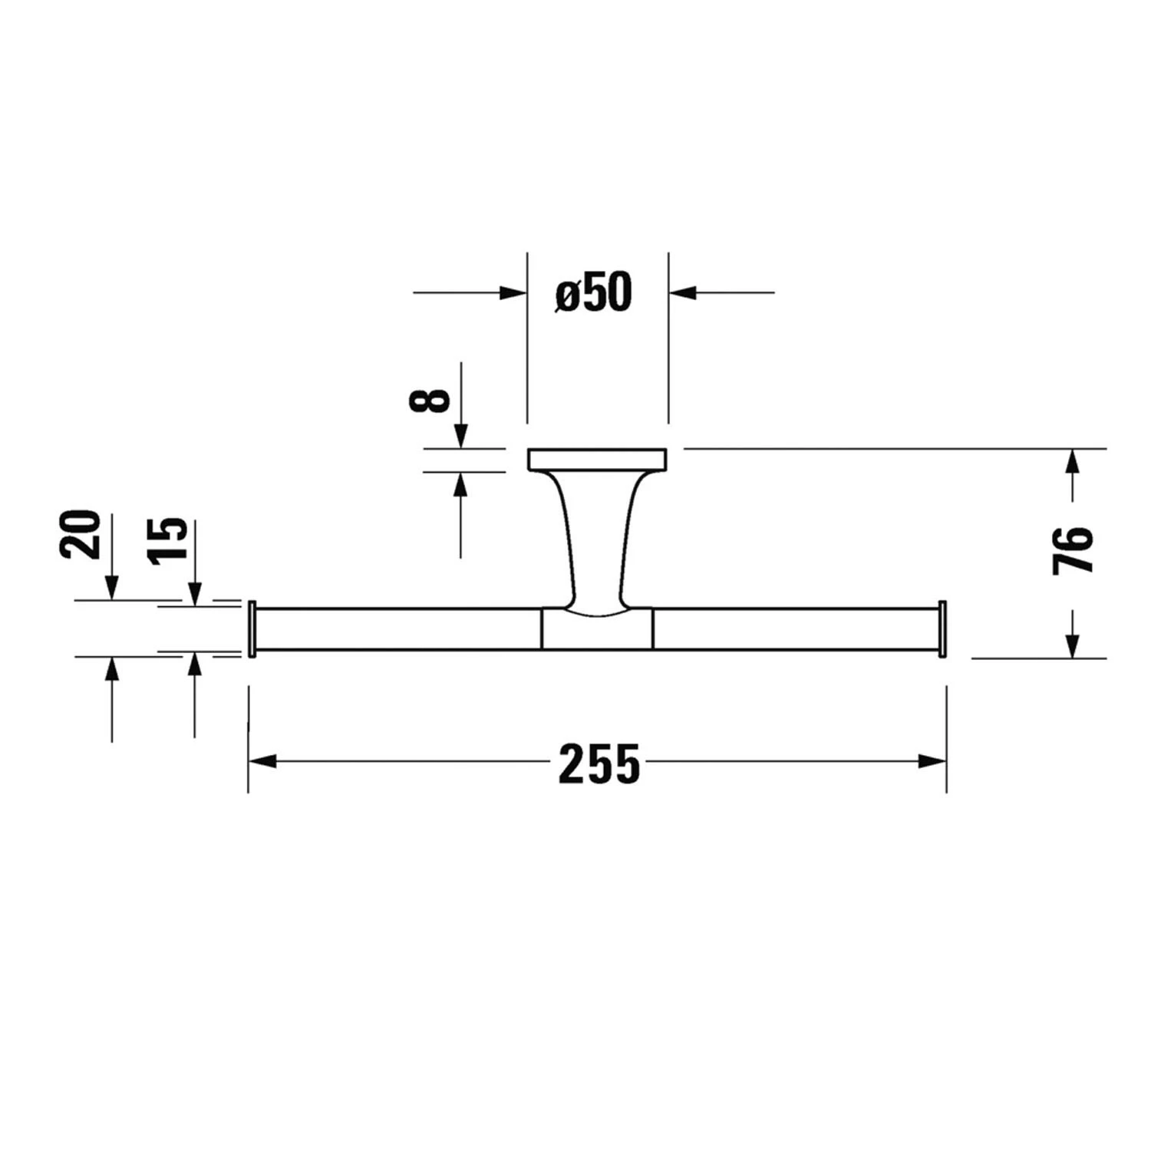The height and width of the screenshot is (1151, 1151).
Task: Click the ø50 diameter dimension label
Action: point(594,293)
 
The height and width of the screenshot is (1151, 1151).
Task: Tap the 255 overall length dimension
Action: point(599,764)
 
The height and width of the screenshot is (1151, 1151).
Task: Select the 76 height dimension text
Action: point(1073,549)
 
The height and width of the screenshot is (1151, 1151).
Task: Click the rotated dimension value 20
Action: point(80,534)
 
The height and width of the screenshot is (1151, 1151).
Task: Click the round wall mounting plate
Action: point(597,459)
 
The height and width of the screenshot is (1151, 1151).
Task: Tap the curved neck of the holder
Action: point(597,537)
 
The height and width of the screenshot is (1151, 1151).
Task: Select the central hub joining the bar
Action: point(597,628)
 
